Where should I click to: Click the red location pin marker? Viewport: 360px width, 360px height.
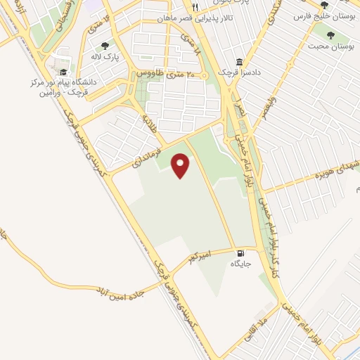point(181,165)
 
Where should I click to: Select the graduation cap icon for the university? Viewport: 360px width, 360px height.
point(63,72)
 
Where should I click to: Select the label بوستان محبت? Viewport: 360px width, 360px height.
point(328,46)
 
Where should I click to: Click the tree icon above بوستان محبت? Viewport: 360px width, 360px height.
point(328,34)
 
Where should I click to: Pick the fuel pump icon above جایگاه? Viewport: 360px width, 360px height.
point(241,253)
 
